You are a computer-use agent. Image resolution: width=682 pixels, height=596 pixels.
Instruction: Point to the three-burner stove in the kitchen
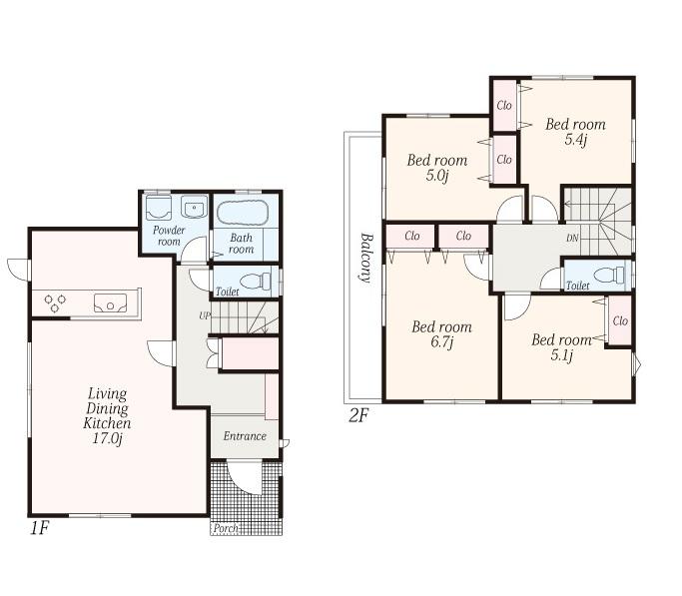coord(55,300)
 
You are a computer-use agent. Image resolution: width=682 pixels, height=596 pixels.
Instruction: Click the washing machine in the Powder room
coord(158,208)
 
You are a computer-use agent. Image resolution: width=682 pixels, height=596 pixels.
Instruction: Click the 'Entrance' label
coord(244,436)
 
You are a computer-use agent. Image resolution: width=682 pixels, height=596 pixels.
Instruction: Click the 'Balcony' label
coord(366,259)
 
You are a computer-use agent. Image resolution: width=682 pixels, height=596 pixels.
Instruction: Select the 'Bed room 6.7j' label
coord(441,334)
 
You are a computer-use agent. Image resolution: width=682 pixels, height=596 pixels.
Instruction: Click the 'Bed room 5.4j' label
coord(575,132)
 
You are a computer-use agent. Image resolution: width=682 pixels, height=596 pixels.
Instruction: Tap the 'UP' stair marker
coord(204,315)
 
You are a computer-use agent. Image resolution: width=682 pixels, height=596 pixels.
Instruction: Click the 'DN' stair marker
coord(572,238)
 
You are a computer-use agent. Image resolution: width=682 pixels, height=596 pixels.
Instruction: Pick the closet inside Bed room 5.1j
coord(619,321)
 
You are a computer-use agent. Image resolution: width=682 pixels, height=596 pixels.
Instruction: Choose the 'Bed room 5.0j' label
coord(436,168)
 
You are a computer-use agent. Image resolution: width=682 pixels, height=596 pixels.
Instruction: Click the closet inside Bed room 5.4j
coord(504,106)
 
